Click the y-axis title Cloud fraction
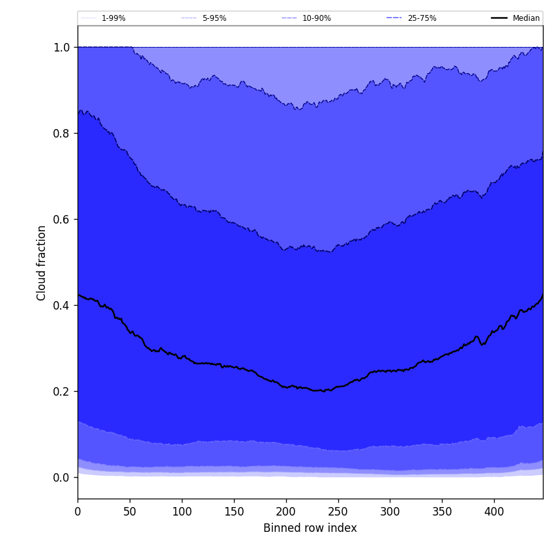[x=42, y=263]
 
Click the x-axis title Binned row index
[x=310, y=528]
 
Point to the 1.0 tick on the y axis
[x=62, y=48]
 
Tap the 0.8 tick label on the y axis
[x=62, y=134]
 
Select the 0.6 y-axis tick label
[x=62, y=220]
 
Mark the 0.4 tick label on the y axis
[x=62, y=306]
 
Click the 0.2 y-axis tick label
[x=62, y=392]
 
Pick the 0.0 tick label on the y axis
[x=62, y=478]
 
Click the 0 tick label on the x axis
[x=78, y=512]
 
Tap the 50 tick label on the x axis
[x=130, y=512]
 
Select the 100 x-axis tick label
[x=182, y=512]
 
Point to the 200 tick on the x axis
[x=286, y=512]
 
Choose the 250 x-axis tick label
[x=338, y=512]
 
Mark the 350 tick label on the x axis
[x=442, y=512]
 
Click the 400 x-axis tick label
[x=494, y=512]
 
